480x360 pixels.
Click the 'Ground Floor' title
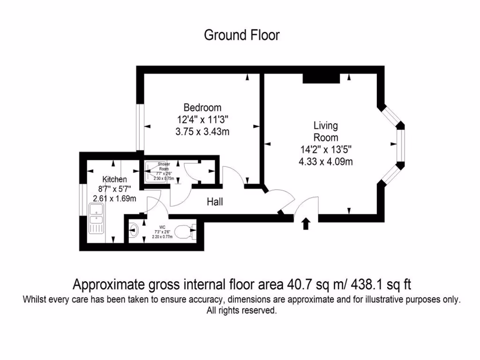pyautogui.click(x=241, y=35)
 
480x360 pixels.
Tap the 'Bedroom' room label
pyautogui.click(x=202, y=107)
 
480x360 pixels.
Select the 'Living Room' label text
pyautogui.click(x=325, y=132)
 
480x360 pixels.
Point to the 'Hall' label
pyautogui.click(x=215, y=202)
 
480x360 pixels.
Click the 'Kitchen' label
pyautogui.click(x=114, y=179)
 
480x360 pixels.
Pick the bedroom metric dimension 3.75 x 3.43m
pyautogui.click(x=202, y=132)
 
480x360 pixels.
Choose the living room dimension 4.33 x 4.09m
pyautogui.click(x=325, y=162)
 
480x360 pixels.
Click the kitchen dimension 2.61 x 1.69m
pyautogui.click(x=114, y=198)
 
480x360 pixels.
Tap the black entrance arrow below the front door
pyautogui.click(x=306, y=224)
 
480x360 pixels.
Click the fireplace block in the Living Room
pyautogui.click(x=321, y=78)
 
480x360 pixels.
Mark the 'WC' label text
pyautogui.click(x=162, y=226)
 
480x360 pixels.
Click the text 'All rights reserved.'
pyautogui.click(x=241, y=310)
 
